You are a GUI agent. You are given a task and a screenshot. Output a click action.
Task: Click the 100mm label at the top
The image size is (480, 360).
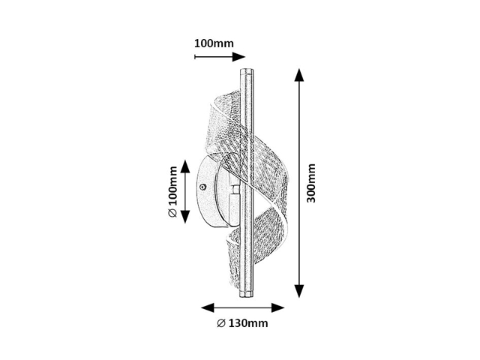click(214, 43)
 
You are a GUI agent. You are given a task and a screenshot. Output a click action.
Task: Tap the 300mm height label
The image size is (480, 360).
click(311, 183)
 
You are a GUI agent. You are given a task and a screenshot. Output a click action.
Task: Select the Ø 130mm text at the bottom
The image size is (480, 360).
click(242, 323)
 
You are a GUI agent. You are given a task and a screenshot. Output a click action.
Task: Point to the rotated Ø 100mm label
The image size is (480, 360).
click(172, 192)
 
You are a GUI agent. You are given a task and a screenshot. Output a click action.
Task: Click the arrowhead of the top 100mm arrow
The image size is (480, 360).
click(238, 57)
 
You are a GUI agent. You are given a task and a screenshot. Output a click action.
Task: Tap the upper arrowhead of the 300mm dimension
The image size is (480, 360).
click(299, 75)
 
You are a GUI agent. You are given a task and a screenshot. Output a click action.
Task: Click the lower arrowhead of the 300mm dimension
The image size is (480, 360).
click(299, 291)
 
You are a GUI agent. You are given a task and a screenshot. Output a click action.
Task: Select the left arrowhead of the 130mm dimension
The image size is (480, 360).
click(207, 307)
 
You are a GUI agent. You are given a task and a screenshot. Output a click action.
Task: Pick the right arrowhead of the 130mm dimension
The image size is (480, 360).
click(278, 307)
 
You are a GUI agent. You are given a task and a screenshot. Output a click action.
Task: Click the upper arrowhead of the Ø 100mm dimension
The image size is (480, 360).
click(185, 166)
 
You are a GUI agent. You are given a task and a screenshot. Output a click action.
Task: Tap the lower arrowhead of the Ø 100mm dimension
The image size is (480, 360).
click(185, 217)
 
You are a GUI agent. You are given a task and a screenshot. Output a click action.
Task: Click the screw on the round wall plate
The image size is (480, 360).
click(202, 187)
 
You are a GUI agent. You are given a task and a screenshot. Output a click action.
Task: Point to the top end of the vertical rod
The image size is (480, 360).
click(246, 69)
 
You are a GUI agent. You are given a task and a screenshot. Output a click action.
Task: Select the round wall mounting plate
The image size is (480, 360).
click(211, 191)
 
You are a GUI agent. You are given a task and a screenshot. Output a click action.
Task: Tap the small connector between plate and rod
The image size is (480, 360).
click(235, 192)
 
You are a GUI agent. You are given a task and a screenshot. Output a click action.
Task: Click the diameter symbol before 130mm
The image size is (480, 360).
click(221, 323)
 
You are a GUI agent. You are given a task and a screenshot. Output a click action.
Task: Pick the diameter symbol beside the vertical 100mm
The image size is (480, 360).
click(172, 213)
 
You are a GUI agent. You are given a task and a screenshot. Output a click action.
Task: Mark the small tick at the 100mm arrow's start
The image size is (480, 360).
click(195, 57)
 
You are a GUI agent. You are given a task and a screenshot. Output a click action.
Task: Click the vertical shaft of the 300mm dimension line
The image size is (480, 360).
click(299, 183)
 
